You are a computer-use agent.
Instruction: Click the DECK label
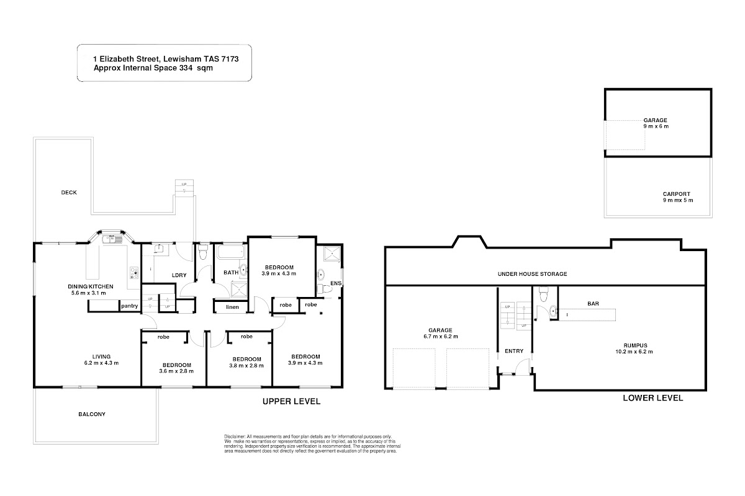pos(69,192)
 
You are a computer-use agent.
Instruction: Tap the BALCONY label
pos(92,414)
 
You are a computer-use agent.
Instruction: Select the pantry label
pos(129,306)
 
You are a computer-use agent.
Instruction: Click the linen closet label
pos(232,307)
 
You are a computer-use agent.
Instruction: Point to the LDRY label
pos(179,275)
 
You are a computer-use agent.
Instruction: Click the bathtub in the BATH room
pos(232,252)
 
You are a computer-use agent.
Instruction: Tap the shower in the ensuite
pos(332,254)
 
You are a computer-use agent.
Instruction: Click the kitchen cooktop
pos(134,273)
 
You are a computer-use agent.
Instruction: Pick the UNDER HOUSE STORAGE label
pos(532,274)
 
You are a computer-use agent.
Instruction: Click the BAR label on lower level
pos(593,304)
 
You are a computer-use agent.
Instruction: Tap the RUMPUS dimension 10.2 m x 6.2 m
pos(634,352)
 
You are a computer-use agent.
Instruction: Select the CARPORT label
pos(677,194)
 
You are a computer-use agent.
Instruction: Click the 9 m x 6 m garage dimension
pos(656,126)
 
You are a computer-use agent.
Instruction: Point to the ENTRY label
pos(514,351)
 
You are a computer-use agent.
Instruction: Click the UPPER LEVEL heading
pos(291,401)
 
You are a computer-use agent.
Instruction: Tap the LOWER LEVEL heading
pos(653,398)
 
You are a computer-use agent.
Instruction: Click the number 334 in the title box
pos(187,68)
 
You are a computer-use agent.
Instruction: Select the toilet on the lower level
pos(543,293)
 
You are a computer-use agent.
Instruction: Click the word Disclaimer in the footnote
pos(235,436)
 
